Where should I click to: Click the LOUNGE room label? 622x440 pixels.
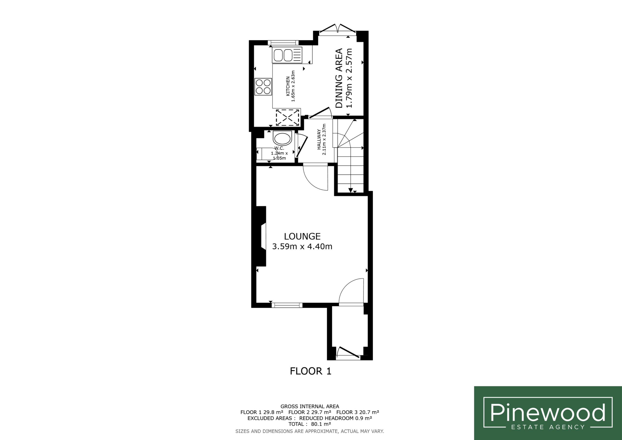tap(302, 236)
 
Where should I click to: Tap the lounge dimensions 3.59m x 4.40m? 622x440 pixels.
tap(302, 246)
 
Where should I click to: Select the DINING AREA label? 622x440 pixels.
tap(339, 78)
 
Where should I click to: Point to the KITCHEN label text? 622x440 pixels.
tap(288, 86)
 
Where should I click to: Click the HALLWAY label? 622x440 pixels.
tap(319, 139)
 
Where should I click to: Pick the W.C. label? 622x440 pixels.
tap(279, 148)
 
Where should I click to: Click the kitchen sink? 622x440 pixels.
tap(287, 55)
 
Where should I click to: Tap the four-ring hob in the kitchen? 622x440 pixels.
tap(263, 87)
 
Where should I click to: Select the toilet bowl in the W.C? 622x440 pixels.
tap(282, 139)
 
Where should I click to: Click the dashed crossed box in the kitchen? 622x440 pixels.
tap(288, 117)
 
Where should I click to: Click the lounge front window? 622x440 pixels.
tap(287, 305)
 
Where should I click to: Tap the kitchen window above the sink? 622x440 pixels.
tap(283, 43)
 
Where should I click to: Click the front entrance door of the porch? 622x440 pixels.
tap(348, 353)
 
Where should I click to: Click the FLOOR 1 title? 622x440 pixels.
tap(311, 371)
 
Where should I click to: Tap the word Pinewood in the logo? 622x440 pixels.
tap(548, 412)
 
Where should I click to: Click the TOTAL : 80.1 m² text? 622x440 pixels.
tap(310, 424)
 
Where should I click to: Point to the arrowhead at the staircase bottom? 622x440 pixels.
tap(351, 190)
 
